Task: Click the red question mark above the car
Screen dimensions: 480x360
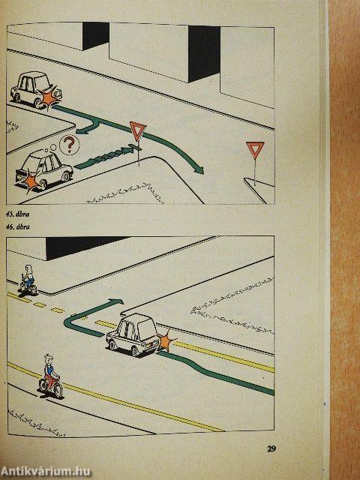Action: click(x=68, y=143)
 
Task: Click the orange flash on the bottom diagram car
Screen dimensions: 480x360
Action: click(x=165, y=343)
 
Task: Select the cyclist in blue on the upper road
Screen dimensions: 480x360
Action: click(x=28, y=280)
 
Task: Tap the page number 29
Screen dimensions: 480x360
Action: click(x=271, y=449)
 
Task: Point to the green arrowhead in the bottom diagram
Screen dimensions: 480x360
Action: click(x=117, y=301)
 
